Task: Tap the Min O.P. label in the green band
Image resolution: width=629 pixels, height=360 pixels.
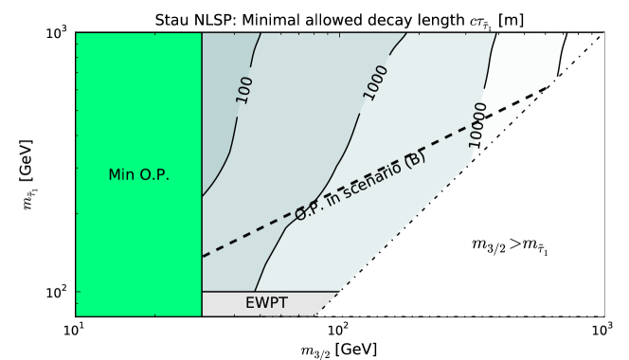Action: click(137, 174)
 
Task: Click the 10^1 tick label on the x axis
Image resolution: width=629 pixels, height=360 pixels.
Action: click(72, 331)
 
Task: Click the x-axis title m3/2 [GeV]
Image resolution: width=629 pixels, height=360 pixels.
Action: click(336, 349)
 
